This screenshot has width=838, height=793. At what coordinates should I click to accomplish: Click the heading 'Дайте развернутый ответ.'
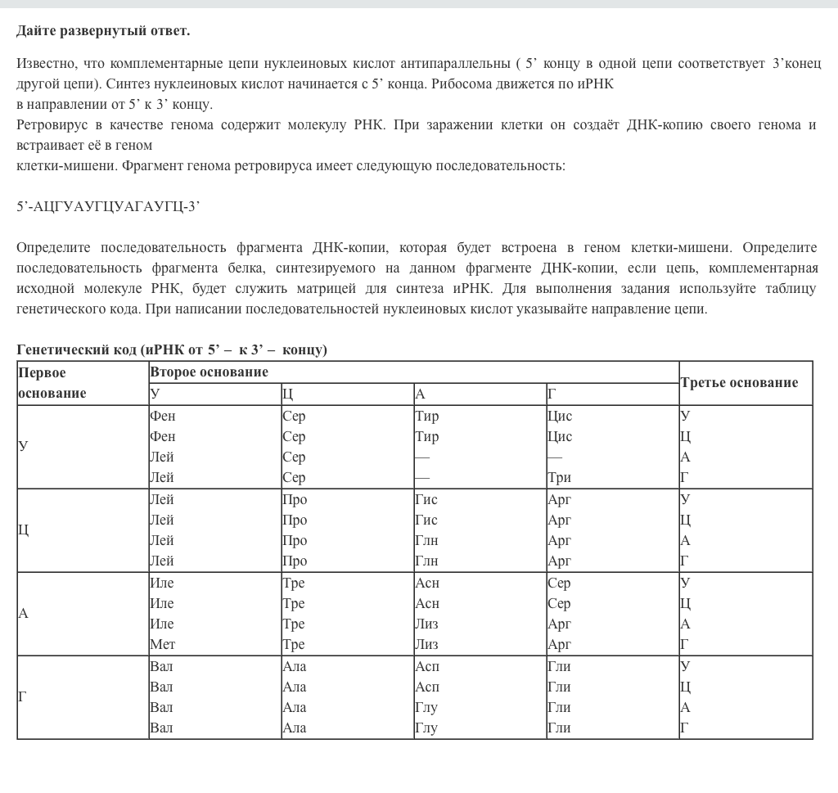103,31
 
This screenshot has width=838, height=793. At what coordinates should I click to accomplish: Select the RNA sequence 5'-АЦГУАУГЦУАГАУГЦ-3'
108,206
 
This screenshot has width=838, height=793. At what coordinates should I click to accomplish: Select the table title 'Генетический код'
76,350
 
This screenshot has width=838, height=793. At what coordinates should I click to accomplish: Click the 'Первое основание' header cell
52,382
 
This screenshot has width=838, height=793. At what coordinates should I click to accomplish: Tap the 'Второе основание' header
209,372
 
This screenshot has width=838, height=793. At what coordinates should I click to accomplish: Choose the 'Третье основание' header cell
739,382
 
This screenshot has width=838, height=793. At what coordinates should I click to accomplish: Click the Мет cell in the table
162,645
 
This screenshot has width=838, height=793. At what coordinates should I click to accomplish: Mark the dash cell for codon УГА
555,457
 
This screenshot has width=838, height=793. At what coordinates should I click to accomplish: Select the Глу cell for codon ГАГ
426,728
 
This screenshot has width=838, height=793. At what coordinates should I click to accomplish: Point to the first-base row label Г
23,697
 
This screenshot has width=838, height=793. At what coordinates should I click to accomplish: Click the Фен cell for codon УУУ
162,416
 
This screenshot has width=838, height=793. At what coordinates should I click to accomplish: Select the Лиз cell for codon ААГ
426,645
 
